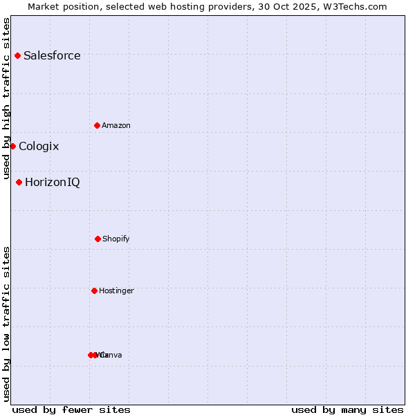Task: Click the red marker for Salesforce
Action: (x=17, y=55)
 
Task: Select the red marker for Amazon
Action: (x=97, y=125)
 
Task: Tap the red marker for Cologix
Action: (x=12, y=146)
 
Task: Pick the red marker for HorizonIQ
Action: (x=19, y=182)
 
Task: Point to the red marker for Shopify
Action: (x=98, y=239)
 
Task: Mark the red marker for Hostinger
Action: (x=94, y=290)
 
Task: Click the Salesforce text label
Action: (x=52, y=55)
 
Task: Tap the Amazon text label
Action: (x=116, y=125)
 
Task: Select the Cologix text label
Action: (x=39, y=146)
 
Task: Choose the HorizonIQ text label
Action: (x=52, y=182)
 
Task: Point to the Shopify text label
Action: (x=116, y=239)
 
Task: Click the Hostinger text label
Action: (x=116, y=290)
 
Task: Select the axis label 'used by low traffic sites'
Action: (x=7, y=324)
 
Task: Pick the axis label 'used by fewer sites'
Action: (x=71, y=409)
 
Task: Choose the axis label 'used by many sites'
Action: (x=347, y=409)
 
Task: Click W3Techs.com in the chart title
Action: (x=355, y=6)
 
